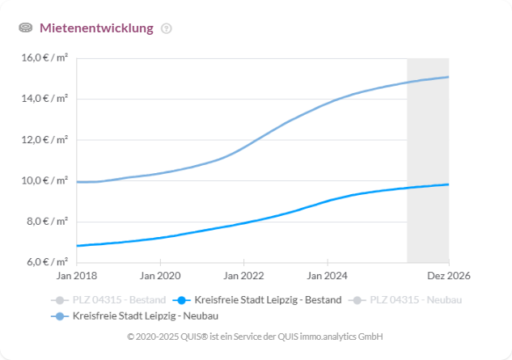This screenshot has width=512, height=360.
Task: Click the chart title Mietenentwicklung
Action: (96, 28)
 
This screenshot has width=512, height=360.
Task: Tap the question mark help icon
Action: (167, 28)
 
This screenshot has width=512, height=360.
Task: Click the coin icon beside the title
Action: (26, 28)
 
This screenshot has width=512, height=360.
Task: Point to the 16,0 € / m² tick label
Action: (45, 58)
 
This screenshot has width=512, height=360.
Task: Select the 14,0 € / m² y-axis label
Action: (45, 99)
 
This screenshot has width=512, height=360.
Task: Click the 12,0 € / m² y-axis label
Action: (45, 139)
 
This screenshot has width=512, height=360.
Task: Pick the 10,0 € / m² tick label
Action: (45, 180)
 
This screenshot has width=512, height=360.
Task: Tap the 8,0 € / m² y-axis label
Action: (48, 221)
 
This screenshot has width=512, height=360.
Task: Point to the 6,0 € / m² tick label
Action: (48, 262)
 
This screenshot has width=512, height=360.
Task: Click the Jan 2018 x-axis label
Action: (76, 277)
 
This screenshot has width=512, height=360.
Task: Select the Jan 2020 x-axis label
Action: (159, 277)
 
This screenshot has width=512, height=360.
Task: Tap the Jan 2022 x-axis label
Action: (243, 277)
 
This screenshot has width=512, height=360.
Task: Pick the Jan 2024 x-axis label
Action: (327, 277)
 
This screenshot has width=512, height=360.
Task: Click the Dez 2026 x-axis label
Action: (450, 277)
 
